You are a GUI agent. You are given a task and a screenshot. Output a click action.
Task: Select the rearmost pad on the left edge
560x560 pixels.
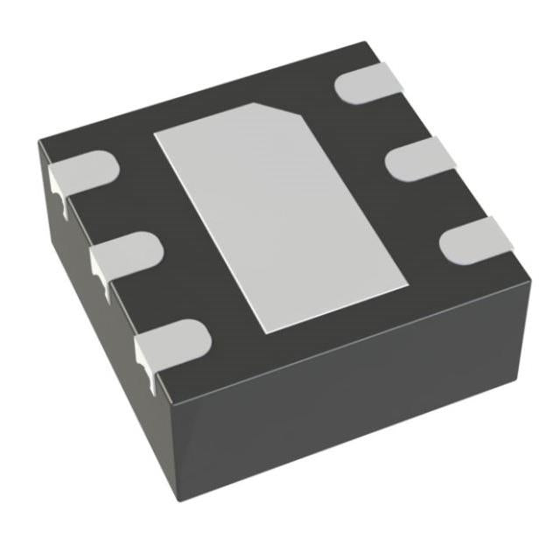pos(83,171)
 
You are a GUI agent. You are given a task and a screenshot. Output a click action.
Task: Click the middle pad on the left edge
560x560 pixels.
pos(127,254)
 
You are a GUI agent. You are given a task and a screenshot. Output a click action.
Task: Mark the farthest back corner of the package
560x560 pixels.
pos(363,44)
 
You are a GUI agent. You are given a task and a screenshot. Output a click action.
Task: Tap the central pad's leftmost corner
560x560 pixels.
pos(155,136)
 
